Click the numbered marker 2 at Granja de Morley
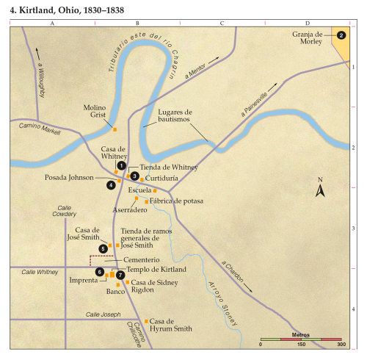[x=341, y=35]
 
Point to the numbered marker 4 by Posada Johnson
[x=111, y=184]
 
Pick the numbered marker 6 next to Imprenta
[x=100, y=273]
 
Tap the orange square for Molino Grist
[x=115, y=129]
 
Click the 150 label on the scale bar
[x=301, y=344]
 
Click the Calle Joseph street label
[x=102, y=314]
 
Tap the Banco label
[x=115, y=291]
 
